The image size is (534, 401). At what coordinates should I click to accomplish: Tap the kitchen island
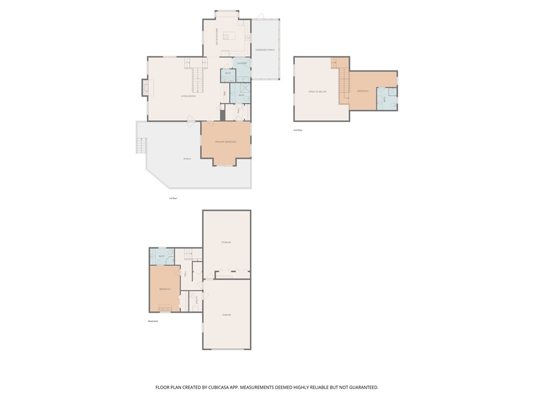pyautogui.click(x=229, y=36)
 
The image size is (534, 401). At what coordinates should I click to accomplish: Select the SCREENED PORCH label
pyautogui.click(x=265, y=50)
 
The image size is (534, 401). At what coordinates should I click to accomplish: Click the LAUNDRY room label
pyautogui.click(x=241, y=63)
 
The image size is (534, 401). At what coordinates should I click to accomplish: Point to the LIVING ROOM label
pyautogui.click(x=188, y=96)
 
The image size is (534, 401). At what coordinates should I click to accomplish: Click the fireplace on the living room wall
pyautogui.click(x=145, y=88)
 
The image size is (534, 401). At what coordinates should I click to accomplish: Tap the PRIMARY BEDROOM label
pyautogui.click(x=226, y=142)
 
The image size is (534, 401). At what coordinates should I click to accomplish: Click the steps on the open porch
pyautogui.click(x=141, y=145)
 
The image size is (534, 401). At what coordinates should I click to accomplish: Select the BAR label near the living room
pyautogui.click(x=224, y=93)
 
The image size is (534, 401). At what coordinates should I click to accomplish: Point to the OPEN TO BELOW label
pyautogui.click(x=317, y=91)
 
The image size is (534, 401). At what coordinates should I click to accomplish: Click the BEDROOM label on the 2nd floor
pyautogui.click(x=363, y=91)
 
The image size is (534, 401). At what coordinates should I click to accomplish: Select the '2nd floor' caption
pyautogui.click(x=298, y=130)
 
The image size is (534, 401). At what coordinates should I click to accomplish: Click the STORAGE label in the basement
pyautogui.click(x=226, y=242)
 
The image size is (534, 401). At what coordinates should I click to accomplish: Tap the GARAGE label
pyautogui.click(x=226, y=315)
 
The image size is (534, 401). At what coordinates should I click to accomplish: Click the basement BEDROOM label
pyautogui.click(x=165, y=289)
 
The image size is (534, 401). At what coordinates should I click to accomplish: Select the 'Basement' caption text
pyautogui.click(x=153, y=321)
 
